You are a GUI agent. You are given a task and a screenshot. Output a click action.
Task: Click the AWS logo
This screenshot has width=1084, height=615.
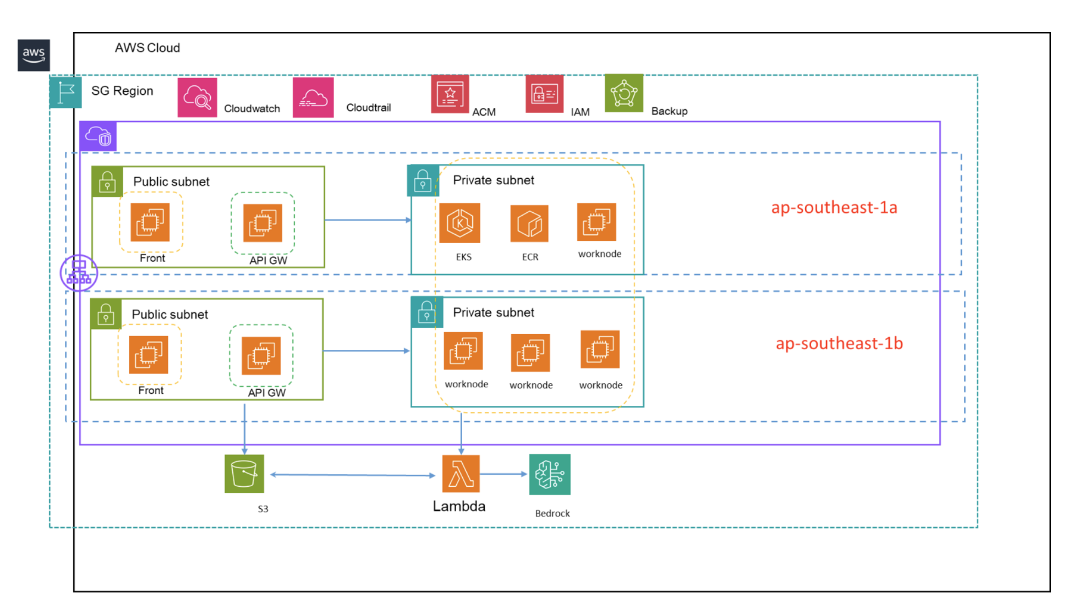(x=34, y=55)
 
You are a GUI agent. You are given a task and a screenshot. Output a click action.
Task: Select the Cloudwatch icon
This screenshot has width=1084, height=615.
(x=197, y=97)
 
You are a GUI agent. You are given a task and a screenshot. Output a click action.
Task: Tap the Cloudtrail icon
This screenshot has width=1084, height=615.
(x=313, y=97)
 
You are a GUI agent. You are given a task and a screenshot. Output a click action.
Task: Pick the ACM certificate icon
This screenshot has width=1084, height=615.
(x=450, y=94)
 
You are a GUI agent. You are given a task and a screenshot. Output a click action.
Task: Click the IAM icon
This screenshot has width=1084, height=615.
(x=544, y=94)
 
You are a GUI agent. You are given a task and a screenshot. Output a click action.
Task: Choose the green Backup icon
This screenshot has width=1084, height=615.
(x=624, y=93)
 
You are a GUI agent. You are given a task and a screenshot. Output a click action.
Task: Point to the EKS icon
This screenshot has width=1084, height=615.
(x=459, y=223)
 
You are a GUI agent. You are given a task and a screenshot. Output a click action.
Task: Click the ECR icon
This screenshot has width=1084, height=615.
(x=529, y=223)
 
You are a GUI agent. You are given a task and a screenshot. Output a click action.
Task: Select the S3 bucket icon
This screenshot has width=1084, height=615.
(x=244, y=474)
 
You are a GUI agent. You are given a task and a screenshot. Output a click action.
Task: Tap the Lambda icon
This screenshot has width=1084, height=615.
(x=461, y=474)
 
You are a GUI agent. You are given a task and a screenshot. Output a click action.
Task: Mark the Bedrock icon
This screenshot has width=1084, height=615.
(x=550, y=474)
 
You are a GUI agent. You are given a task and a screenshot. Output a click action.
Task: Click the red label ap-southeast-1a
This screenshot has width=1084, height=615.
(x=834, y=207)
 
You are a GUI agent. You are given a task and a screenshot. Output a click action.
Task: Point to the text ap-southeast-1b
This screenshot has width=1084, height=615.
(x=839, y=343)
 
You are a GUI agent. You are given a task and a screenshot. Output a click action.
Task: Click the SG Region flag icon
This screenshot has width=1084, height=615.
(x=66, y=92)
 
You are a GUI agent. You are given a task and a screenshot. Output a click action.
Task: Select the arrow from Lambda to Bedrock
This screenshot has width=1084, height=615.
(x=503, y=474)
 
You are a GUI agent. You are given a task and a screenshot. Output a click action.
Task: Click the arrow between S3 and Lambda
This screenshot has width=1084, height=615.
(x=352, y=475)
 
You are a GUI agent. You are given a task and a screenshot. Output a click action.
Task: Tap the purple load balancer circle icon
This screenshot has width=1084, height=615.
(x=79, y=272)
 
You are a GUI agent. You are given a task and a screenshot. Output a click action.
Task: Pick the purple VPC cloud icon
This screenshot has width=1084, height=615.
(x=98, y=136)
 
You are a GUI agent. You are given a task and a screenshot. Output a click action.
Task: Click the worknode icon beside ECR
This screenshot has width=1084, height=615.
(x=596, y=222)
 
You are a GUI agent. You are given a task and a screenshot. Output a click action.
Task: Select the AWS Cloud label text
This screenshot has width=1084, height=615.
(x=147, y=48)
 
